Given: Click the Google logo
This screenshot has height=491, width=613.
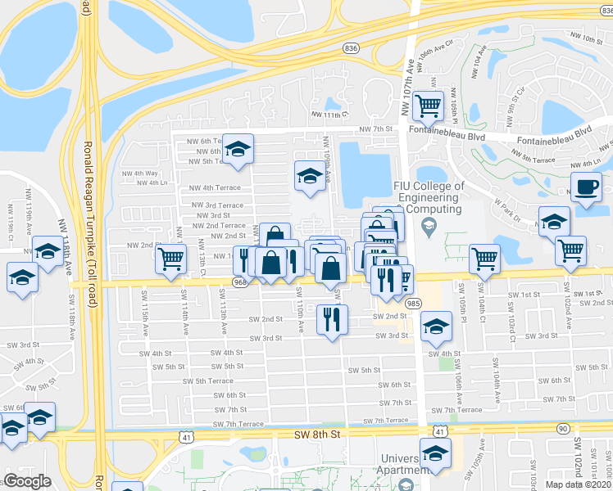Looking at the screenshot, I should (x=27, y=481).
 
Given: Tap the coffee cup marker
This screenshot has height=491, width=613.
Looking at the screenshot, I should (x=586, y=187).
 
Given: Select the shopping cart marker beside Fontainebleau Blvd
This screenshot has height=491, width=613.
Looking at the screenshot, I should (x=428, y=105).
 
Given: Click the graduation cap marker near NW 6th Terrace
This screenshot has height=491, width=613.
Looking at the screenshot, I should (x=238, y=149).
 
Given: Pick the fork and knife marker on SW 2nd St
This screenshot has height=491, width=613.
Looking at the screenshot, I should (x=332, y=318).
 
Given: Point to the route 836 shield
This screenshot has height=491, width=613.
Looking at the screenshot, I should (x=352, y=48).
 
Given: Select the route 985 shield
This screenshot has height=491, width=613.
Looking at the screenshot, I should (x=413, y=304).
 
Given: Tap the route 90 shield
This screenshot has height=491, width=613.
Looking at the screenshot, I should (x=561, y=428).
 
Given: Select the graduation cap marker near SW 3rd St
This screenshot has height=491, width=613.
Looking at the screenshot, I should (x=436, y=327).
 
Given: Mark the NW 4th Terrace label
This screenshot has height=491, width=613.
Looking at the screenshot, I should (x=216, y=187).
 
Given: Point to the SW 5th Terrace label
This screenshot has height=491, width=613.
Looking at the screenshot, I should (x=208, y=381).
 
